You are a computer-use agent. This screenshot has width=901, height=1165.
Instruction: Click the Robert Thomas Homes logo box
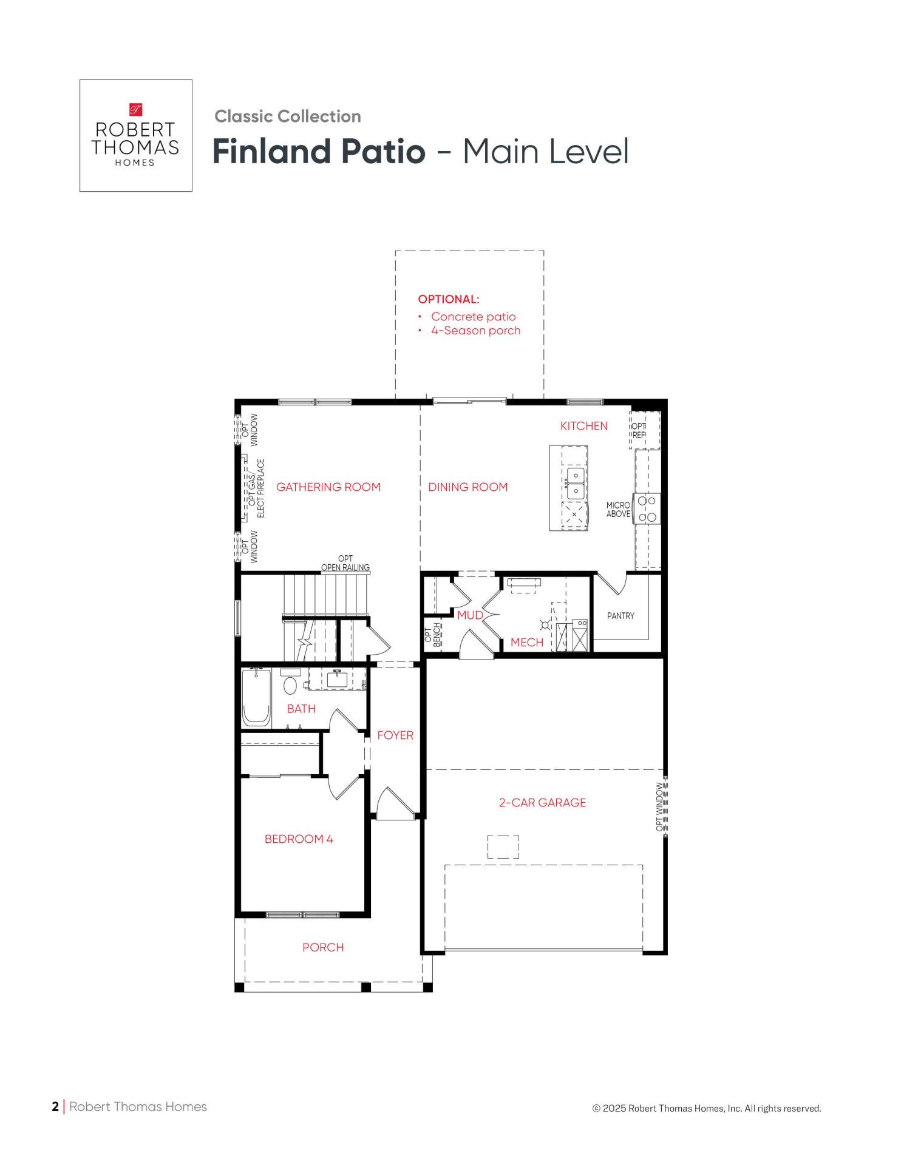pyautogui.click(x=136, y=135)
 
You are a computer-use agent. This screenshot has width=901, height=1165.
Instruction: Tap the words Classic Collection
pyautogui.click(x=288, y=116)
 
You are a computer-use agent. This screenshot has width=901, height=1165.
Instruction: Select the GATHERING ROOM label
pyautogui.click(x=328, y=487)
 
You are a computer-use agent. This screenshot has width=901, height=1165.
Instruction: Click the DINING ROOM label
pyautogui.click(x=468, y=487)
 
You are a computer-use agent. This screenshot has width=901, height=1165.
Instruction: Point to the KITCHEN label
pyautogui.click(x=584, y=426)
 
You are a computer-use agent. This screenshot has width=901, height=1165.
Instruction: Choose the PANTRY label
pyautogui.click(x=620, y=616)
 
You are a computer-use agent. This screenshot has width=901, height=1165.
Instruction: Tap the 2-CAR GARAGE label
pyautogui.click(x=543, y=803)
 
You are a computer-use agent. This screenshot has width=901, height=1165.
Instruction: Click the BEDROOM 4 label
pyautogui.click(x=299, y=839)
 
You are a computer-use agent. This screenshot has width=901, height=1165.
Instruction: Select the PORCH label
pyautogui.click(x=323, y=947)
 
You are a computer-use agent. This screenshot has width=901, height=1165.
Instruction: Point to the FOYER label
pyautogui.click(x=395, y=735)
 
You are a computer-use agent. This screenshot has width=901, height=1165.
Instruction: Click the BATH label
pyautogui.click(x=301, y=709)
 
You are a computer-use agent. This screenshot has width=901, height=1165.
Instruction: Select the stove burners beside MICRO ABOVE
pyautogui.click(x=647, y=509)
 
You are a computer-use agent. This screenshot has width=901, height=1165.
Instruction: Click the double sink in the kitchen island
pyautogui.click(x=576, y=483)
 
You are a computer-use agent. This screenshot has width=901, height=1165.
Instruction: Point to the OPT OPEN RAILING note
pyautogui.click(x=345, y=563)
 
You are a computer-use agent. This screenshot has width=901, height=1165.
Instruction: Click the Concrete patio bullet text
pyautogui.click(x=474, y=317)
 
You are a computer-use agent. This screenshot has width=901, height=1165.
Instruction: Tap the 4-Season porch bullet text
pyautogui.click(x=476, y=331)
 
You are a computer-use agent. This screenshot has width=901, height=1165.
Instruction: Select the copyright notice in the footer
pyautogui.click(x=707, y=1109)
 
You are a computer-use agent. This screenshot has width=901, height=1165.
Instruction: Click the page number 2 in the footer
pyautogui.click(x=55, y=1107)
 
